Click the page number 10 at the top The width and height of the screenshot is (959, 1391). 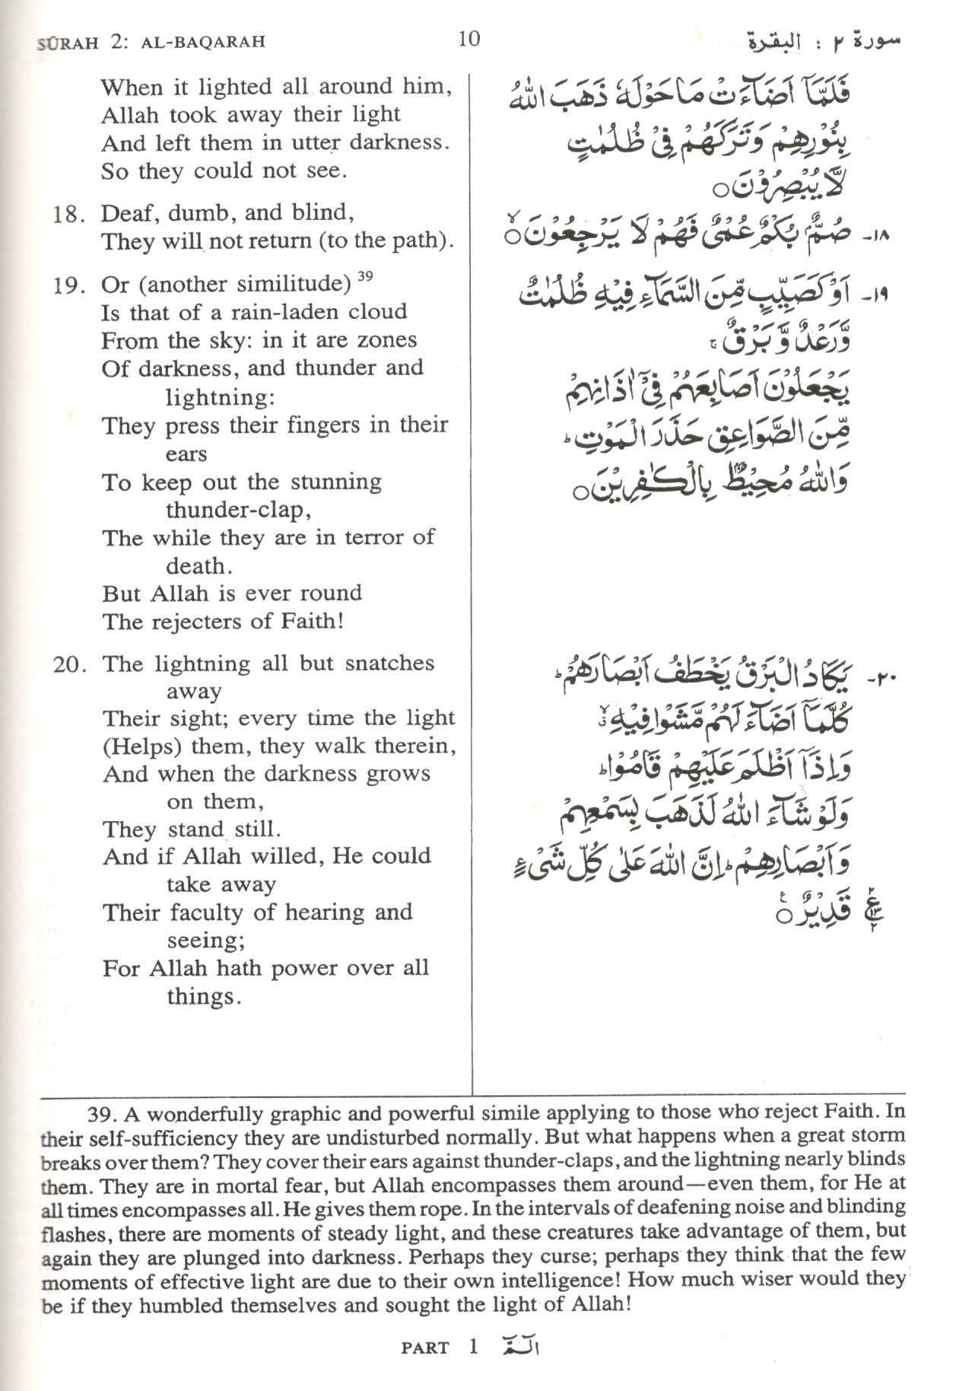469,38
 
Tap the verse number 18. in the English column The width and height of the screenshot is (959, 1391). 68,214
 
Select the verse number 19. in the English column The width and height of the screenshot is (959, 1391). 68,286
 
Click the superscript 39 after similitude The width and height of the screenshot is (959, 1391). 365,276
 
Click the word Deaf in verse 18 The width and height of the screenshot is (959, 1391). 126,212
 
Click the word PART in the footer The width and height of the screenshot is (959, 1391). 425,1348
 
